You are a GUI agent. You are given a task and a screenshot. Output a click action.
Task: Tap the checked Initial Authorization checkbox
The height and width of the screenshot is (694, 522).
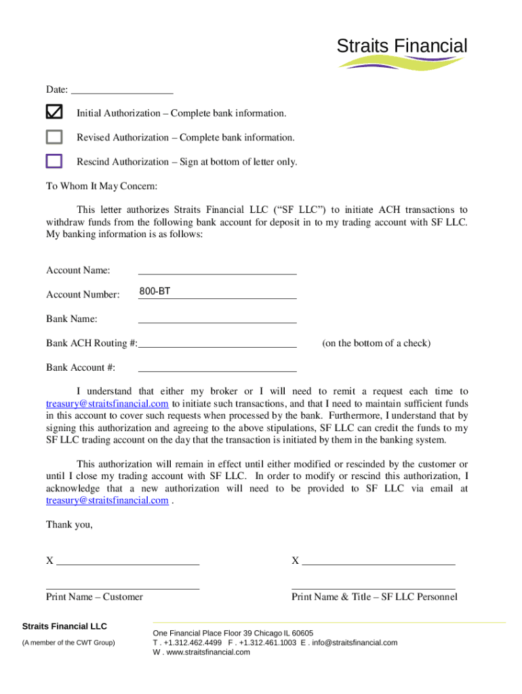[54, 112]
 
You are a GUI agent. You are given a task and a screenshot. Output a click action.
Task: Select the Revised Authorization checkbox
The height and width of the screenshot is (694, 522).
[54, 137]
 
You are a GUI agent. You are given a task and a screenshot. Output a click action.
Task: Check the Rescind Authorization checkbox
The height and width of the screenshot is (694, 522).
[54, 161]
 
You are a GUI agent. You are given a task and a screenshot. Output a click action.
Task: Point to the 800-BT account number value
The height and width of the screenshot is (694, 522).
[155, 291]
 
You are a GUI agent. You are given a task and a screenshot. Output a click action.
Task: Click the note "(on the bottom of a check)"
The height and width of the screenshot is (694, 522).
[376, 343]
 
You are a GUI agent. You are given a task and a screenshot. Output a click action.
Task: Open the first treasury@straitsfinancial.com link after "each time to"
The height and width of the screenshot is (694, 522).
[107, 403]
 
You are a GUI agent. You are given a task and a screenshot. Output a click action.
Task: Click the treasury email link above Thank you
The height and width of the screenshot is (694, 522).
[107, 501]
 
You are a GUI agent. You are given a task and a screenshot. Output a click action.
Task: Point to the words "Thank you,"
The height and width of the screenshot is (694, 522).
[69, 525]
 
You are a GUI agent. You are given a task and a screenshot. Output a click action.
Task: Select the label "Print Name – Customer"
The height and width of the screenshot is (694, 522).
[94, 596]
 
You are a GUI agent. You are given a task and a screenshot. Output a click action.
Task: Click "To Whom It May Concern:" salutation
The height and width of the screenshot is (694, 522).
[101, 186]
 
